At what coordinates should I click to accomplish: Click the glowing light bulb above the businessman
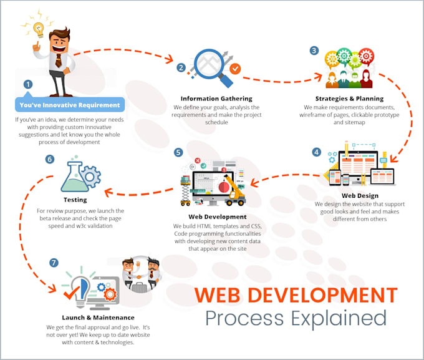(x=39, y=29)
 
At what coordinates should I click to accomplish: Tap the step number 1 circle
(x=28, y=84)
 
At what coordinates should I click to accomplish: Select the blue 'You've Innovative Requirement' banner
(x=70, y=105)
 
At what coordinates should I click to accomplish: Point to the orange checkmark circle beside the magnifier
(x=235, y=69)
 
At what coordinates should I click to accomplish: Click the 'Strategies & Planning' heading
(x=349, y=99)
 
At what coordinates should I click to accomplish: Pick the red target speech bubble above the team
(x=367, y=56)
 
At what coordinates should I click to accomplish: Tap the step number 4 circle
(x=317, y=152)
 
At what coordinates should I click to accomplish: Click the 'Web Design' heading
(x=360, y=195)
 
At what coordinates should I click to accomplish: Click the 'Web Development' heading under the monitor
(x=218, y=217)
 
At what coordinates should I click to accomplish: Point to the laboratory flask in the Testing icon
(x=74, y=176)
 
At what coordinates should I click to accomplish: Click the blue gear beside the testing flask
(x=91, y=177)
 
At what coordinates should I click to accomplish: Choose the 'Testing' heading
(x=75, y=200)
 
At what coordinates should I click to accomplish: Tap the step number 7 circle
(x=54, y=263)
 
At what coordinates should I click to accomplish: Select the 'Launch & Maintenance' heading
(x=98, y=318)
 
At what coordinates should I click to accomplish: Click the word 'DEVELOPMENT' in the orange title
(x=322, y=294)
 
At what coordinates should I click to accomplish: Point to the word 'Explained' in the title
(x=339, y=319)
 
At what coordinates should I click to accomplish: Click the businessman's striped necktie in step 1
(x=59, y=61)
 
